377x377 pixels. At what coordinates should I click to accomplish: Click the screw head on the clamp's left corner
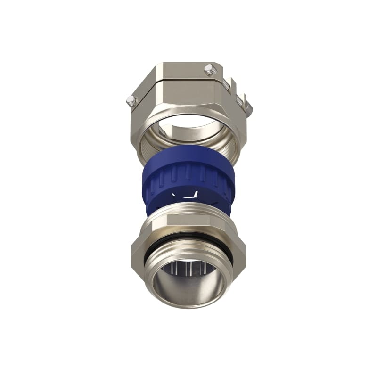131,100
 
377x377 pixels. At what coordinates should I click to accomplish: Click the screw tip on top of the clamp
209,70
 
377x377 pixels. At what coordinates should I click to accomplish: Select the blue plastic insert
188,179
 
